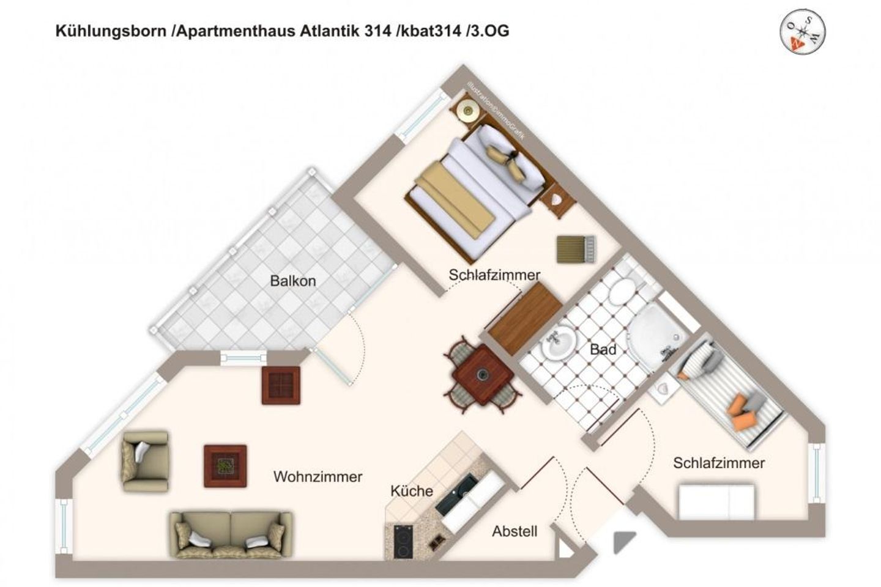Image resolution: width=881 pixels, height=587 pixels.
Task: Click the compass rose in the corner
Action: [803, 31]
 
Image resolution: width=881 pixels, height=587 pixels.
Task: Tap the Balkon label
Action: [293, 281]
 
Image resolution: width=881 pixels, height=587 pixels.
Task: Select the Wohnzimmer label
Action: [318, 476]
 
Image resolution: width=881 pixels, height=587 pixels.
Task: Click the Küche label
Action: [412, 490]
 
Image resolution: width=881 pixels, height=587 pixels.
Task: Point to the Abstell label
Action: [515, 531]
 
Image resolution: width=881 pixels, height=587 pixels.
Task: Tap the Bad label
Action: [603, 350]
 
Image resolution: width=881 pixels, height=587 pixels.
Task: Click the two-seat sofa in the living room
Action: [231, 534]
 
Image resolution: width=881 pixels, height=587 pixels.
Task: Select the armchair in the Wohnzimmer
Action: [145, 461]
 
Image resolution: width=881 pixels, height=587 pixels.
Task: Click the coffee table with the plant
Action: [225, 466]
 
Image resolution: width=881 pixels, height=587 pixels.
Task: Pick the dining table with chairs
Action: [482, 374]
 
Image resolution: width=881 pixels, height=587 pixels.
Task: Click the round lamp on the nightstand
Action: [469, 111]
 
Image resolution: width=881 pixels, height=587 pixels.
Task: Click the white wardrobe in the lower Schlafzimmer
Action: [716, 501]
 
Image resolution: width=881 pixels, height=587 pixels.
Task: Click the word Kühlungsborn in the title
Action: [111, 31]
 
